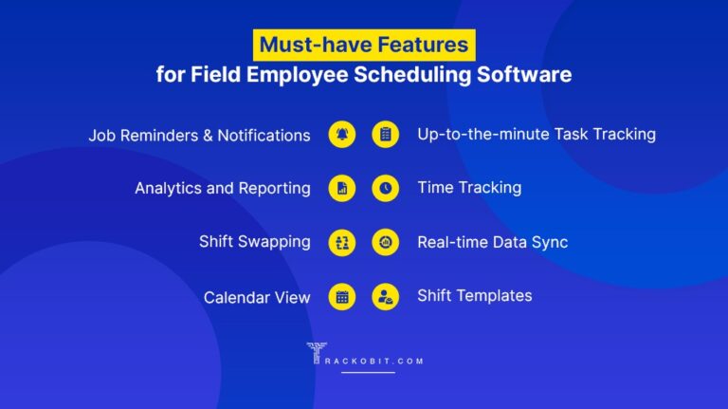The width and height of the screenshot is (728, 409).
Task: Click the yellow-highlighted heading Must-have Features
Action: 364,45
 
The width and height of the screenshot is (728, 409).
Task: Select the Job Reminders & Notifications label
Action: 199,135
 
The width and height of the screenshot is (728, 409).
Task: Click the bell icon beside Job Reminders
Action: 342,135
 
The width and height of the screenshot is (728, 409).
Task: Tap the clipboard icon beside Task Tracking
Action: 385,135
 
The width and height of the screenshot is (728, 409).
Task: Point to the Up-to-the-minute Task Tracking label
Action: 537,134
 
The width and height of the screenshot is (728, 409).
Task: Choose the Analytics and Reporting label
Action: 222,188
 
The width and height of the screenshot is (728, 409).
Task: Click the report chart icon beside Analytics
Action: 342,188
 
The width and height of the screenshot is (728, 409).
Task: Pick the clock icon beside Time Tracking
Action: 385,188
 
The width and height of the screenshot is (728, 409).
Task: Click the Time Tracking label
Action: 469,188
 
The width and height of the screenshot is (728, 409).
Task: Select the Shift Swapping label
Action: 254,241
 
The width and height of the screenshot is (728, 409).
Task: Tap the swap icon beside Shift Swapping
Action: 342,242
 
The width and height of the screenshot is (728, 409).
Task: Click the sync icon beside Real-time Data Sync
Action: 385,242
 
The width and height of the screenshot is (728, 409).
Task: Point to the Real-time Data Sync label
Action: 492,242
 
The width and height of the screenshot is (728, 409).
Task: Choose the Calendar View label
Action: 257,297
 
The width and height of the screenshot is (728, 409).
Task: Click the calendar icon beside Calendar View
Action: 342,296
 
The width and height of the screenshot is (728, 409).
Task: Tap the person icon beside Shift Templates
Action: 385,296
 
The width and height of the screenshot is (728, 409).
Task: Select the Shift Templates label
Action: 474,295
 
